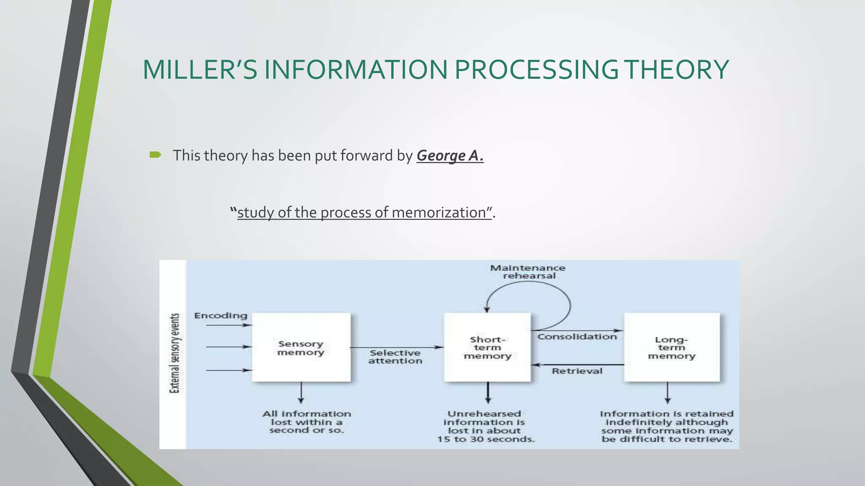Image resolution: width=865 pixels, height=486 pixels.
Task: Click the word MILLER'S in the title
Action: [200, 70]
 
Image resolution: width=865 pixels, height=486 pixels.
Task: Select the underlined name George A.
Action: [450, 156]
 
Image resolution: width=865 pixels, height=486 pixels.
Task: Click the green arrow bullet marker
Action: [155, 155]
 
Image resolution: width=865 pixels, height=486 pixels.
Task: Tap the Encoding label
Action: [220, 316]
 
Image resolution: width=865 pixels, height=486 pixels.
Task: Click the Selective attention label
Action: [395, 357]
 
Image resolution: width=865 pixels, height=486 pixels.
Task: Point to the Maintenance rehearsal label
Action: [528, 272]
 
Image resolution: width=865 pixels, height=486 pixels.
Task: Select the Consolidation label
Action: [577, 337]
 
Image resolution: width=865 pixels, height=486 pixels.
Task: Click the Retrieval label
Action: [577, 371]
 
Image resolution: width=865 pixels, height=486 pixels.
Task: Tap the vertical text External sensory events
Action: [174, 354]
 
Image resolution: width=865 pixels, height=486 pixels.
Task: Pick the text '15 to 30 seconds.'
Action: [486, 439]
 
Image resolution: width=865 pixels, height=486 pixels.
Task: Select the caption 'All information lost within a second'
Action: [307, 422]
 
